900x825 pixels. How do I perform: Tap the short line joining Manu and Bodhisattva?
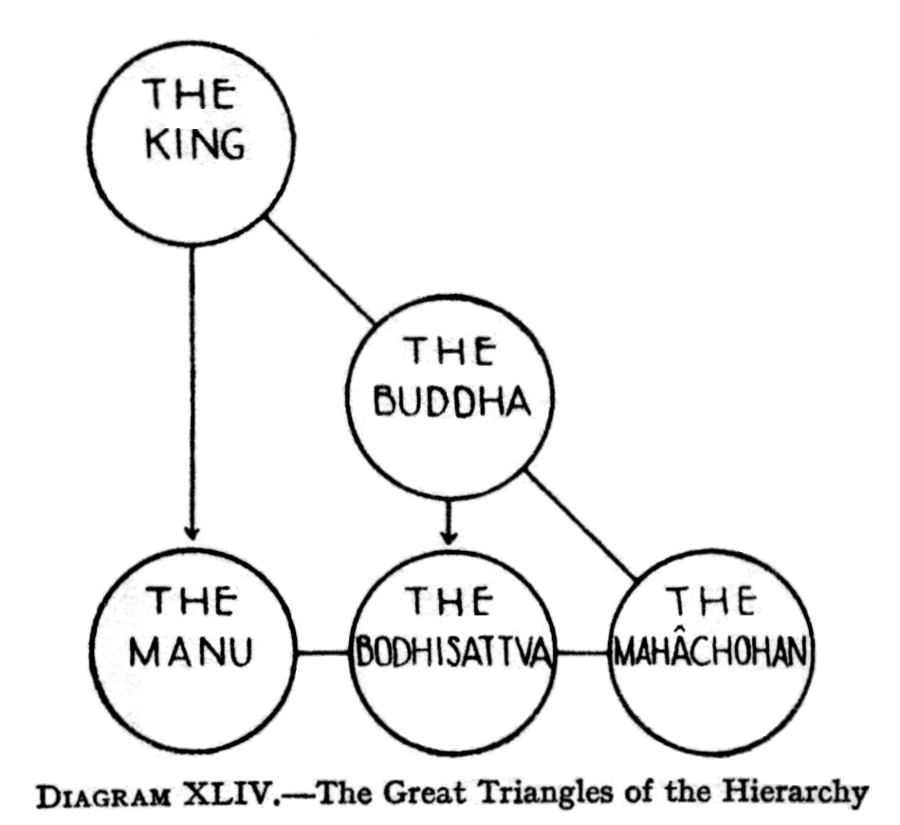point(322,653)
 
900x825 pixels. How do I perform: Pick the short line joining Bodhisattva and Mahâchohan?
point(581,653)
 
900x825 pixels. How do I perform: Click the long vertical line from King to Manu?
point(193,379)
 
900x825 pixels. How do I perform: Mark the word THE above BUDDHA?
point(450,352)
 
